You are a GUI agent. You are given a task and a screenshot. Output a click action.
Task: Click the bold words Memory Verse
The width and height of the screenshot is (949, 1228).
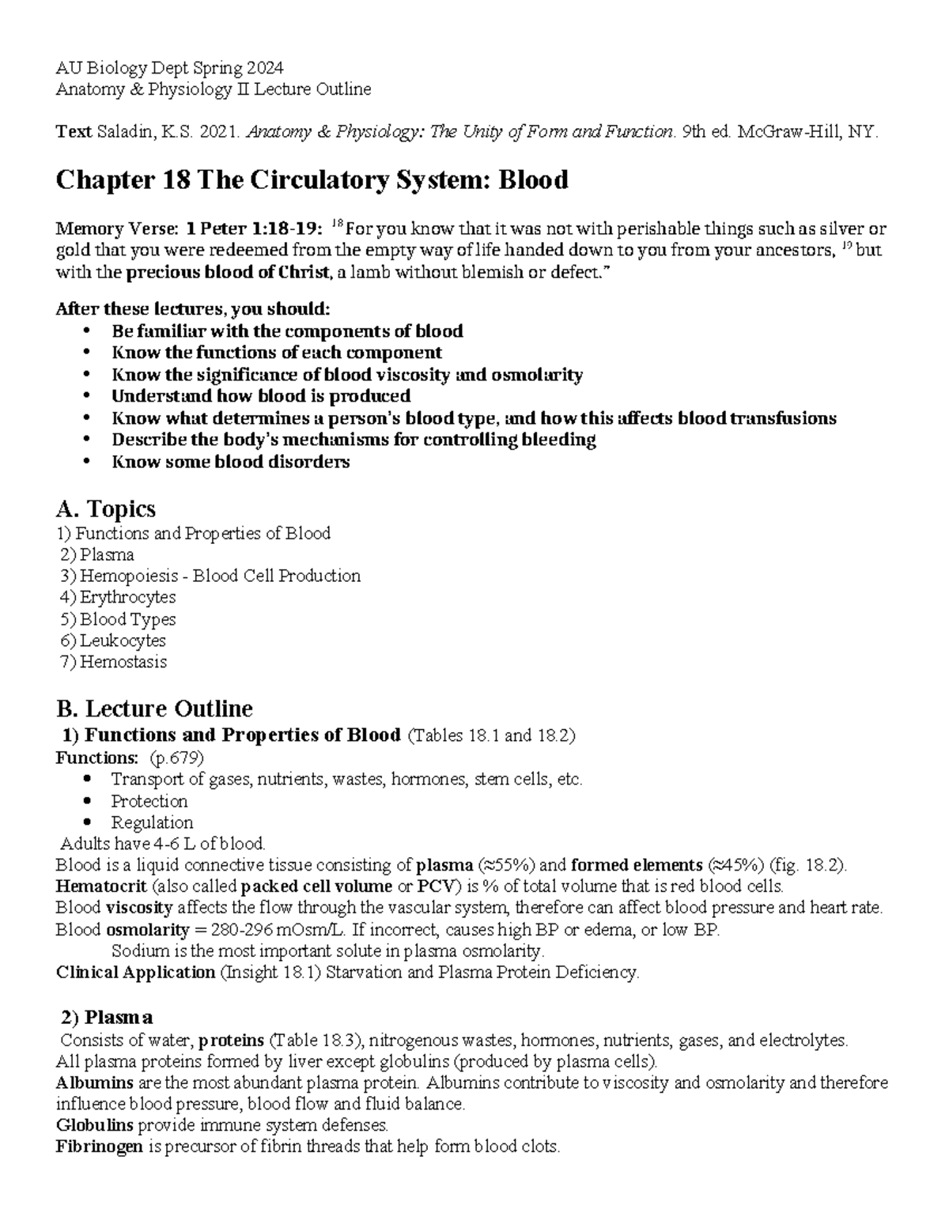tap(117, 230)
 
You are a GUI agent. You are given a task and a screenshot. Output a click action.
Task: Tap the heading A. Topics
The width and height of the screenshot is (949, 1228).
tap(105, 508)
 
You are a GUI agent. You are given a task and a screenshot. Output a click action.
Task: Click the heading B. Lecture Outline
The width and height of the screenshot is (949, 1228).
tap(154, 708)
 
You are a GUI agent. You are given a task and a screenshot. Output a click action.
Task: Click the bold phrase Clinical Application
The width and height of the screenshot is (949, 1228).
tap(135, 973)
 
